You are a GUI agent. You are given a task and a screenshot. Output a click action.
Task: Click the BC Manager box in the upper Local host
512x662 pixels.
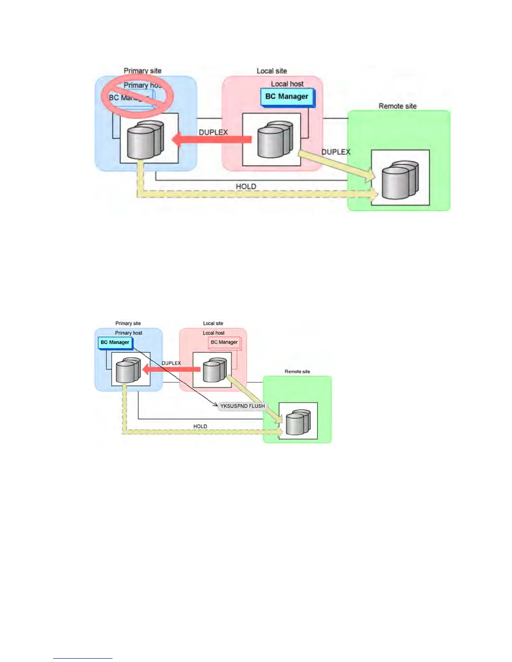coord(287,97)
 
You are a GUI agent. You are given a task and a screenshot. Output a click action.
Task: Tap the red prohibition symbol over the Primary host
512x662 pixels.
coord(138,96)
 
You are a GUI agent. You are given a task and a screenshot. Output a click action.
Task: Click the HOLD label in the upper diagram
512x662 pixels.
coord(246,186)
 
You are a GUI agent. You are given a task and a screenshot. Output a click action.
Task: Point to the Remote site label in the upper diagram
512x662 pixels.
coord(397,106)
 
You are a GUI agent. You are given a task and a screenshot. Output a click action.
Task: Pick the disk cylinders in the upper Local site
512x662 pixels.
coord(274,140)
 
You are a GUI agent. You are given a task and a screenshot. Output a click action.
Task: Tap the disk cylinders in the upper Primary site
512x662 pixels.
coord(145,140)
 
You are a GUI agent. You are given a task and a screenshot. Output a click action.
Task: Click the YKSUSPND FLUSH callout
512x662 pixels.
coord(243,406)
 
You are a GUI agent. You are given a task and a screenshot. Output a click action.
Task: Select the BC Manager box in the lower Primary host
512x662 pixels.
coord(115,342)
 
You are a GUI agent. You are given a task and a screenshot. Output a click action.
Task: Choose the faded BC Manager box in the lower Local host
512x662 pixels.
coord(224,342)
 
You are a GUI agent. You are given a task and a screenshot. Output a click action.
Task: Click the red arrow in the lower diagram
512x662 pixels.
coord(172,369)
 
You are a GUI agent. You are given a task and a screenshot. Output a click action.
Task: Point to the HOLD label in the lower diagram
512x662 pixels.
coord(200,426)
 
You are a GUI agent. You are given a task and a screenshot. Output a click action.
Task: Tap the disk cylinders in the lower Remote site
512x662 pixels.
coord(298,423)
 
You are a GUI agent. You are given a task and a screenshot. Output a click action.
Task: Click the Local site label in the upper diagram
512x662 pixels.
coord(272,71)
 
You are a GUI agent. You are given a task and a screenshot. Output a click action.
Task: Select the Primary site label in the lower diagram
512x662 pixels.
coord(128,323)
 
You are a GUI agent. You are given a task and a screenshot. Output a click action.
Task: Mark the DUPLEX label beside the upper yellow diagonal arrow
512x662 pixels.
coord(335,152)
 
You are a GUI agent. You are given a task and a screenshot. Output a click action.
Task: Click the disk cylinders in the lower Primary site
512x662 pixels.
coord(128,370)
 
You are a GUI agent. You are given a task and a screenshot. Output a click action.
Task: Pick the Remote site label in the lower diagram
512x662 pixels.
coord(297,372)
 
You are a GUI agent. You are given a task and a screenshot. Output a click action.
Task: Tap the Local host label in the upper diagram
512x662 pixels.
coord(287,84)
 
